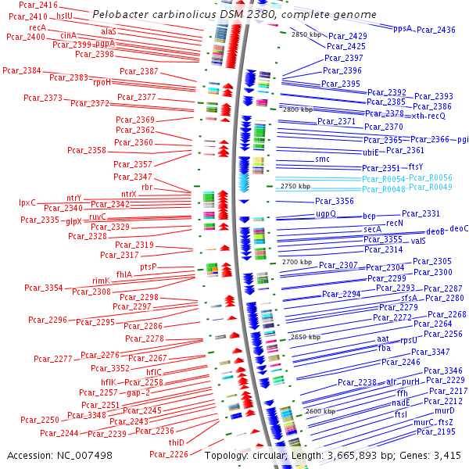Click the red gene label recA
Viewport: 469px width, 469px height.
[x=38, y=27]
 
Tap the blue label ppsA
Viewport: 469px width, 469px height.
[x=403, y=28]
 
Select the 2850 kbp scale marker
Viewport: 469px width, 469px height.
[x=306, y=34]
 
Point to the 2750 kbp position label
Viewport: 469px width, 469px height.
[x=295, y=186]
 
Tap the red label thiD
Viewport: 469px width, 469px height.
[x=177, y=442]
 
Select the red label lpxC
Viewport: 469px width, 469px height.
[x=28, y=202]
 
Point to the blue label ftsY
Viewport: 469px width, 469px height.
[x=416, y=166]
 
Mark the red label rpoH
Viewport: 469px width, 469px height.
[x=102, y=81]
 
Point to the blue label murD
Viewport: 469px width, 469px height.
[x=444, y=410]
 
